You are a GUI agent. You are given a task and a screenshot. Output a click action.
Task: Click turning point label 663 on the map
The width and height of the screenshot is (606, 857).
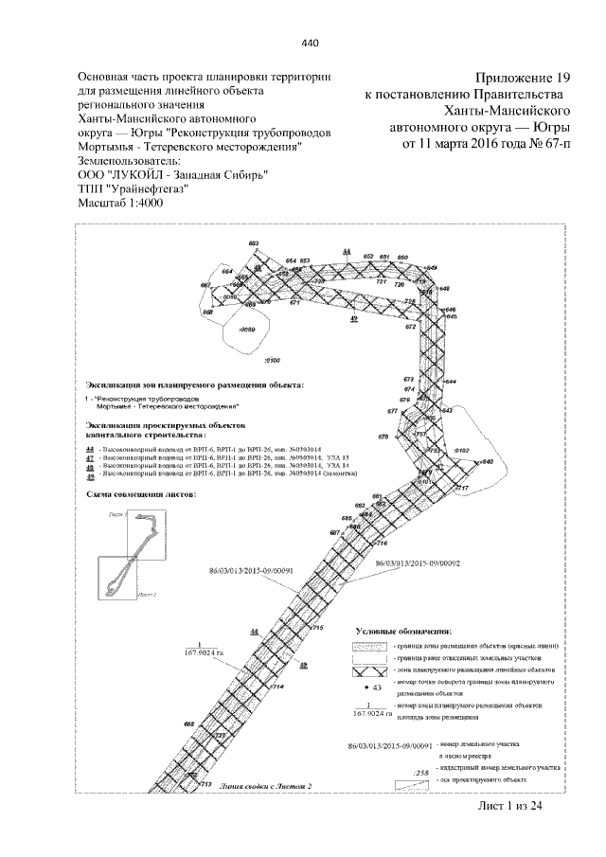pos(253,244)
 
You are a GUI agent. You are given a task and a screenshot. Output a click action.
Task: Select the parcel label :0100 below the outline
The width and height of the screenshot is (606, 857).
pos(270,362)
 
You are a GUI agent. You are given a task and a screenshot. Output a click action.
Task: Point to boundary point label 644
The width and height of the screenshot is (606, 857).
pos(450,381)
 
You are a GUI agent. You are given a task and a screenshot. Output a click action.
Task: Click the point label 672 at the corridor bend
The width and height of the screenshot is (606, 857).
pos(410,326)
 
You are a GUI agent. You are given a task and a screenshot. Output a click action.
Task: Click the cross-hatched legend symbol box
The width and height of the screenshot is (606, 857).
pos(364,670)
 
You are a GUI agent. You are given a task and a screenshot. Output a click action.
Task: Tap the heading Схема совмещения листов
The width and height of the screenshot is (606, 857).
pos(140,495)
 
